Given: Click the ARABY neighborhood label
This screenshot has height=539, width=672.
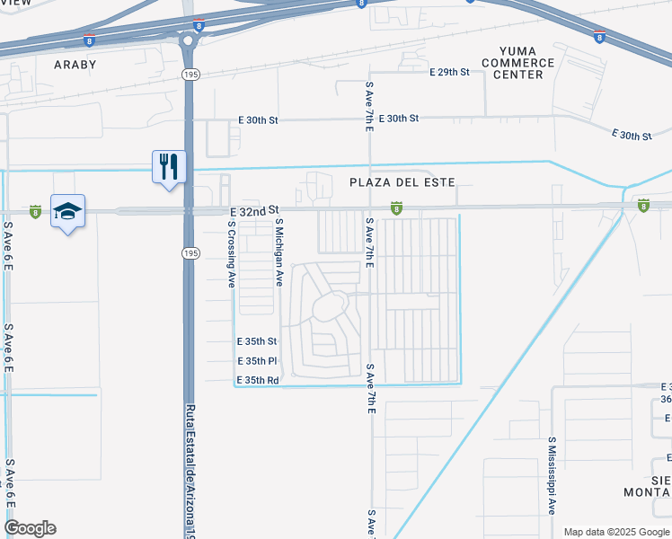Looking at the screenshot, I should pyautogui.click(x=75, y=65).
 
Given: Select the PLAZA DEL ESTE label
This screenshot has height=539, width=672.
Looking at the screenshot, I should pyautogui.click(x=402, y=182).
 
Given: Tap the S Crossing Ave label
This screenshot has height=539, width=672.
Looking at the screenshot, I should pyautogui.click(x=231, y=254).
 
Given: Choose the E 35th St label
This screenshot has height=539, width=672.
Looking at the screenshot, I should pyautogui.click(x=257, y=342).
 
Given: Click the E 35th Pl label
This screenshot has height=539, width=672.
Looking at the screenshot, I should pyautogui.click(x=256, y=361).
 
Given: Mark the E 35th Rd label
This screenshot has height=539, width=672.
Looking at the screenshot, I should pyautogui.click(x=257, y=380).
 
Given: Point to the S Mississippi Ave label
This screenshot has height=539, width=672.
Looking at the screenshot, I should pyautogui.click(x=552, y=475).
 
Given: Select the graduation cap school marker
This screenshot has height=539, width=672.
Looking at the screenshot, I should pyautogui.click(x=67, y=211).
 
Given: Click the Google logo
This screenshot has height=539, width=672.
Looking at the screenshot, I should pyautogui.click(x=30, y=528).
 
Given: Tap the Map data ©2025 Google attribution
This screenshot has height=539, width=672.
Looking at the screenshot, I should pyautogui.click(x=615, y=532).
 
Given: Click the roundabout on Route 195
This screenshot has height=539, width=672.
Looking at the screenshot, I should pyautogui.click(x=189, y=40).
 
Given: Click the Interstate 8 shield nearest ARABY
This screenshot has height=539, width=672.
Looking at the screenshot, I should pyautogui.click(x=88, y=40).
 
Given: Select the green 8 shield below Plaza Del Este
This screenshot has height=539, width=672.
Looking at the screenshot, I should pyautogui.click(x=395, y=208).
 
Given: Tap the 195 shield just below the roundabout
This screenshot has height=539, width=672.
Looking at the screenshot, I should pyautogui.click(x=190, y=72).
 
